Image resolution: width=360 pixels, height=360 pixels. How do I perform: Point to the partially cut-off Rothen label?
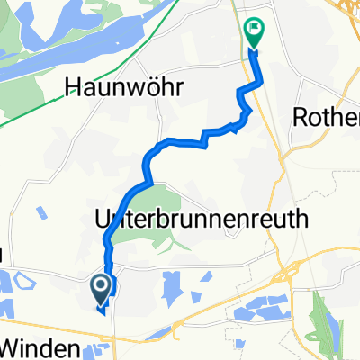click(327, 118)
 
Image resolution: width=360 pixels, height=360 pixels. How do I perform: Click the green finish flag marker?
click(255, 33)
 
